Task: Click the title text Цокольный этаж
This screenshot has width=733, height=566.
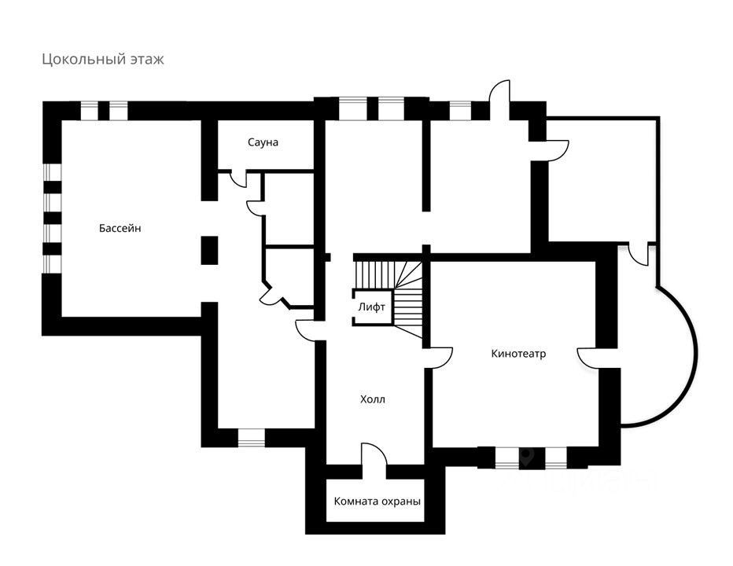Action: pos(103,60)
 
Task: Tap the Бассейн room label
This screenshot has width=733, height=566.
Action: pos(120,228)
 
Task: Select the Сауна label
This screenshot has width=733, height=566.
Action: pos(263,142)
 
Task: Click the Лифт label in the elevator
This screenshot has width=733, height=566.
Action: pos(371,307)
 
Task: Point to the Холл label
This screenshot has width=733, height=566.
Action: pos(373,399)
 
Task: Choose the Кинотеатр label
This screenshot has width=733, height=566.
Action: pos(518,354)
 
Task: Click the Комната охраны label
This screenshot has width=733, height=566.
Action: pos(378,502)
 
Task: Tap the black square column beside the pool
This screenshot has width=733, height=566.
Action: pos(208,250)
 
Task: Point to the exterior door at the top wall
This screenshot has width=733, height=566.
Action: pos(499,99)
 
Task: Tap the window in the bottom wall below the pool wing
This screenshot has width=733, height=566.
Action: pos(251,437)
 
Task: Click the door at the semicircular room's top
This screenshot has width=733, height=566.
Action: pos(639,253)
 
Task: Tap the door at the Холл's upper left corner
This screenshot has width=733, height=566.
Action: pos(308,329)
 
